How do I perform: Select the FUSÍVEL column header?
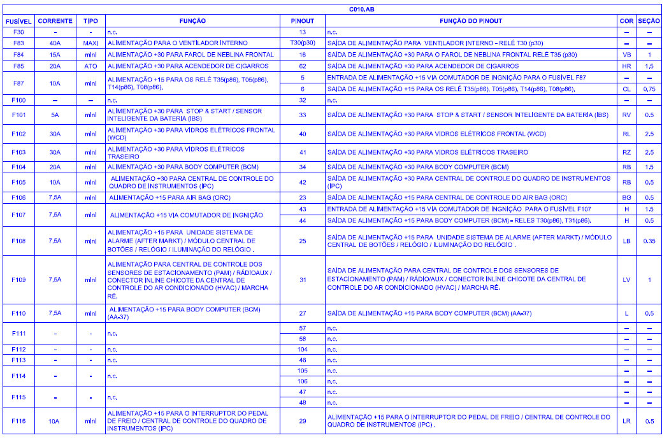click(x=18, y=21)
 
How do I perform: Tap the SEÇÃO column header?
click(x=649, y=21)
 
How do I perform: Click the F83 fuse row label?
click(x=18, y=43)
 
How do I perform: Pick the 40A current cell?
click(x=55, y=43)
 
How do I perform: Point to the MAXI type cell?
click(x=90, y=43)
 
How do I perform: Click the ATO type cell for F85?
click(x=90, y=66)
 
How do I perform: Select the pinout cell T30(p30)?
click(x=303, y=43)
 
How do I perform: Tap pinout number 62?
click(x=303, y=66)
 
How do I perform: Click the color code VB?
click(x=626, y=55)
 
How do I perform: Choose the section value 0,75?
click(x=649, y=89)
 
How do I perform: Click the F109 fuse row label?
click(x=18, y=280)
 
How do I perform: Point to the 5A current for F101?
click(x=55, y=115)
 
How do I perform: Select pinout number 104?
click(x=303, y=350)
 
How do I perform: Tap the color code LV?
click(x=626, y=280)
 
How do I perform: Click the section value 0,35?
click(x=649, y=241)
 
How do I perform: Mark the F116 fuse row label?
click(x=18, y=421)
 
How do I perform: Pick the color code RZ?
click(x=626, y=153)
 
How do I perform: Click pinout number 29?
click(x=303, y=421)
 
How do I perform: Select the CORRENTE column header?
click(x=55, y=21)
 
